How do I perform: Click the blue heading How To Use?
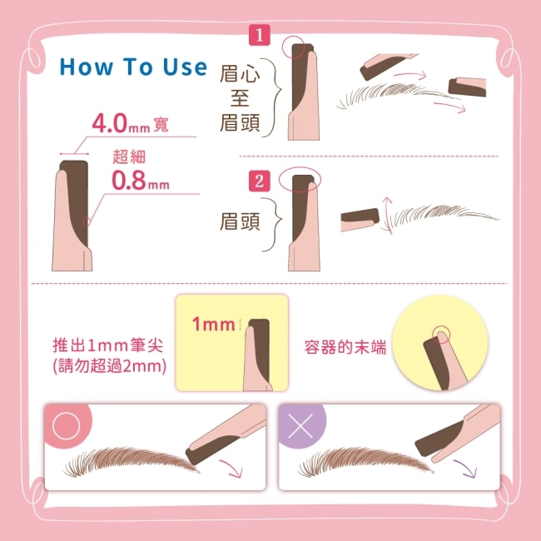coord(133,67)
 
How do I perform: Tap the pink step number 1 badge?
coord(259,35)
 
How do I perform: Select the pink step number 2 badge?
coord(259,181)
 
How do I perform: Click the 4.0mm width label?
coord(130,123)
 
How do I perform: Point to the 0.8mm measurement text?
coord(141,181)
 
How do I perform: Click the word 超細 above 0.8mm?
coord(129,157)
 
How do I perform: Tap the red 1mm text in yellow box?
coord(213,325)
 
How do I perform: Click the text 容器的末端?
coord(345,347)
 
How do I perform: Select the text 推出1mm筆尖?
coord(107,345)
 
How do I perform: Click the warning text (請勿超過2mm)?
coord(109,366)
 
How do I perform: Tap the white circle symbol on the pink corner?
coord(67,426)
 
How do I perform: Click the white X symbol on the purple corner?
coord(300,426)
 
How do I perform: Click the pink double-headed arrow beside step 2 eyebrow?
coord(388,216)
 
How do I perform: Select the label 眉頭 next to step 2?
coord(240,221)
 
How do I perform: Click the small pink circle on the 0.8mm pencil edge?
coord(87,222)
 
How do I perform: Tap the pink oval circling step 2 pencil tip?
coord(300,180)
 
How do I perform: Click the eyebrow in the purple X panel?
coord(365,461)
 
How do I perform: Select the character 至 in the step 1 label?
coord(240,98)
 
